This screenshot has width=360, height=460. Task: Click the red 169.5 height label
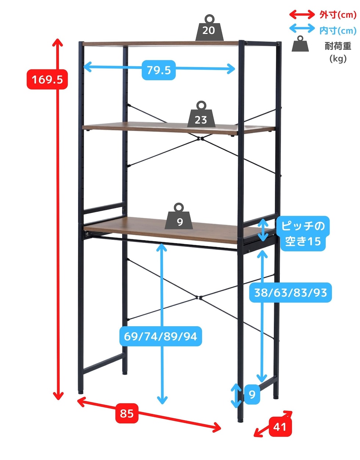click(47, 79)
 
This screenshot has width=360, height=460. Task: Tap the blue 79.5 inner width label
click(159, 70)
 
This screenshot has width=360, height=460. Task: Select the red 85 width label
click(127, 413)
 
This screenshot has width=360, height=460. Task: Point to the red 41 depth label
click(280, 427)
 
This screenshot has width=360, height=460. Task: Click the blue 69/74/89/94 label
click(161, 336)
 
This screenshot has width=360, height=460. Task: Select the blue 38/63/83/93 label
click(291, 292)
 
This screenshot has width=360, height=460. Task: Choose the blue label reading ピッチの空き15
click(303, 234)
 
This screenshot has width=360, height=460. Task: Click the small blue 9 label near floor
click(252, 395)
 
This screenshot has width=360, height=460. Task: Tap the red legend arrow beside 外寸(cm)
click(302, 15)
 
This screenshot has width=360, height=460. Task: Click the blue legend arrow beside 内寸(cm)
click(302, 29)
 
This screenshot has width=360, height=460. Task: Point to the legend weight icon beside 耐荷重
click(300, 44)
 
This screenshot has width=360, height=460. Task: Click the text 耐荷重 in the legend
click(338, 46)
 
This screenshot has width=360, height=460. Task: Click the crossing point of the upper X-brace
click(200, 139)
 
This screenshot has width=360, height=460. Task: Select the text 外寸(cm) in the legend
click(338, 15)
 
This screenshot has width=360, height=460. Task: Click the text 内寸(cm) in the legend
click(338, 30)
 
